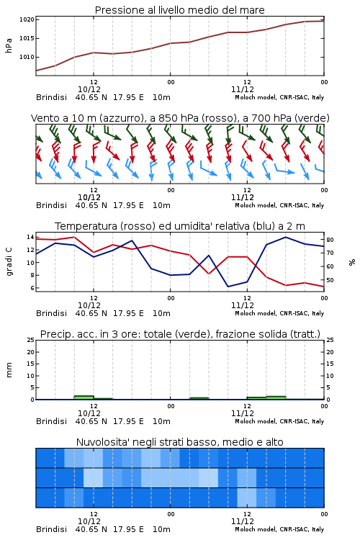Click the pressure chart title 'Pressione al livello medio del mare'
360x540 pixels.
(x=179, y=10)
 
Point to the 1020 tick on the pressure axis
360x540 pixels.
(x=27, y=19)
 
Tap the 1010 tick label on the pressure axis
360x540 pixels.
(x=27, y=57)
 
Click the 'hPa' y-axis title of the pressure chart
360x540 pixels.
(x=9, y=45)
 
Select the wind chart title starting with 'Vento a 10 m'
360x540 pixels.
(x=180, y=118)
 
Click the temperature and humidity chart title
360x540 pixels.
(x=180, y=226)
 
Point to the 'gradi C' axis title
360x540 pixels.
(x=9, y=262)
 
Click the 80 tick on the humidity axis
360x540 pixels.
(x=330, y=240)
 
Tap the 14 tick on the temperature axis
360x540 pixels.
(x=30, y=237)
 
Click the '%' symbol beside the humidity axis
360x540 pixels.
(x=352, y=262)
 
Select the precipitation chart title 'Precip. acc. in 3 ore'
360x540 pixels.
(x=180, y=334)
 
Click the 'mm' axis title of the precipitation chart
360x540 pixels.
(x=9, y=370)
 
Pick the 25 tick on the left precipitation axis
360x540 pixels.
(x=31, y=341)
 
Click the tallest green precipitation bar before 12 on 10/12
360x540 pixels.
(x=84, y=397)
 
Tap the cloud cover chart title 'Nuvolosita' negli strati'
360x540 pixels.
(x=179, y=442)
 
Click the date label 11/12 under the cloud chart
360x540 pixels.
(x=243, y=521)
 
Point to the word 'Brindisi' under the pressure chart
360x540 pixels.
(x=51, y=97)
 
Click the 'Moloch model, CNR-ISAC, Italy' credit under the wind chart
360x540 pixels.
(x=279, y=206)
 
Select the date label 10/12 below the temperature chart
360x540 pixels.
(x=89, y=305)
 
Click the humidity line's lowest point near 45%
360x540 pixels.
(x=228, y=287)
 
